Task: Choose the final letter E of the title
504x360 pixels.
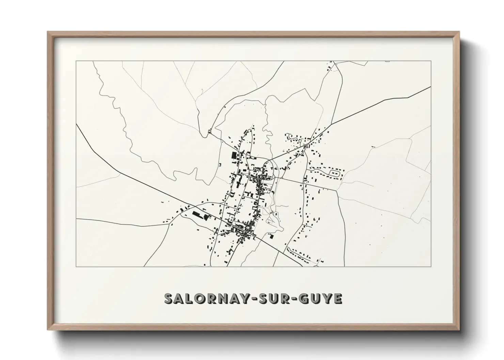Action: pyautogui.click(x=337, y=298)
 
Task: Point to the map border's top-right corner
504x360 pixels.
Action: pyautogui.click(x=431, y=61)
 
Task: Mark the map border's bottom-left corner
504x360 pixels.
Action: pyautogui.click(x=76, y=266)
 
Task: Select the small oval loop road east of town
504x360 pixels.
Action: pyautogui.click(x=334, y=174)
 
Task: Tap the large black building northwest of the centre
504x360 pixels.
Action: pyautogui.click(x=234, y=156)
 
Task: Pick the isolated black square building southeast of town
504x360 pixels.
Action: pyautogui.click(x=271, y=236)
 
